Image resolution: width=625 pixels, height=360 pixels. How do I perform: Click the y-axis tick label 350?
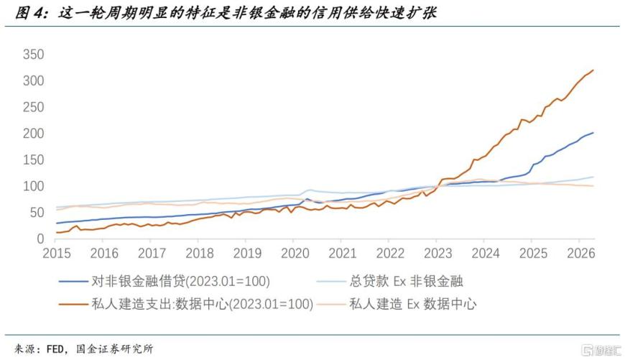pyautogui.click(x=34, y=54)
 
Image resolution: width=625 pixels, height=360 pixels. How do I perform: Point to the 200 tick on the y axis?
pyautogui.click(x=34, y=133)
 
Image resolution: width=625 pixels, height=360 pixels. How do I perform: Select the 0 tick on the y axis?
pyautogui.click(x=40, y=239)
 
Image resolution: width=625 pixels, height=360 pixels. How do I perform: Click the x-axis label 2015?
pyautogui.click(x=57, y=253)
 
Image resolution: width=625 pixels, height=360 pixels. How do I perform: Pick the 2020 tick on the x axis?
pyautogui.click(x=295, y=253)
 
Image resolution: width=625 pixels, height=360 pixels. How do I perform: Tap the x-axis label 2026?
pyautogui.click(x=580, y=253)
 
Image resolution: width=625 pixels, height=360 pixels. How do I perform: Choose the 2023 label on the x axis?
pyautogui.click(x=438, y=253)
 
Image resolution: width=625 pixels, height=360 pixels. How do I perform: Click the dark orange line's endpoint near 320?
pyautogui.click(x=593, y=70)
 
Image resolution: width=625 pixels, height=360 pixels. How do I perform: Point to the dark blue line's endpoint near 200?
pyautogui.click(x=593, y=133)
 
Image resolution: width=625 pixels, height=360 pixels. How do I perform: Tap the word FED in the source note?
pyautogui.click(x=55, y=349)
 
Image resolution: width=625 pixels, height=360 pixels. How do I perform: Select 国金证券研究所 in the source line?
pyautogui.click(x=114, y=349)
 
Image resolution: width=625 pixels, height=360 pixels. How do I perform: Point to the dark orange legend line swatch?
pyautogui.click(x=73, y=304)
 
